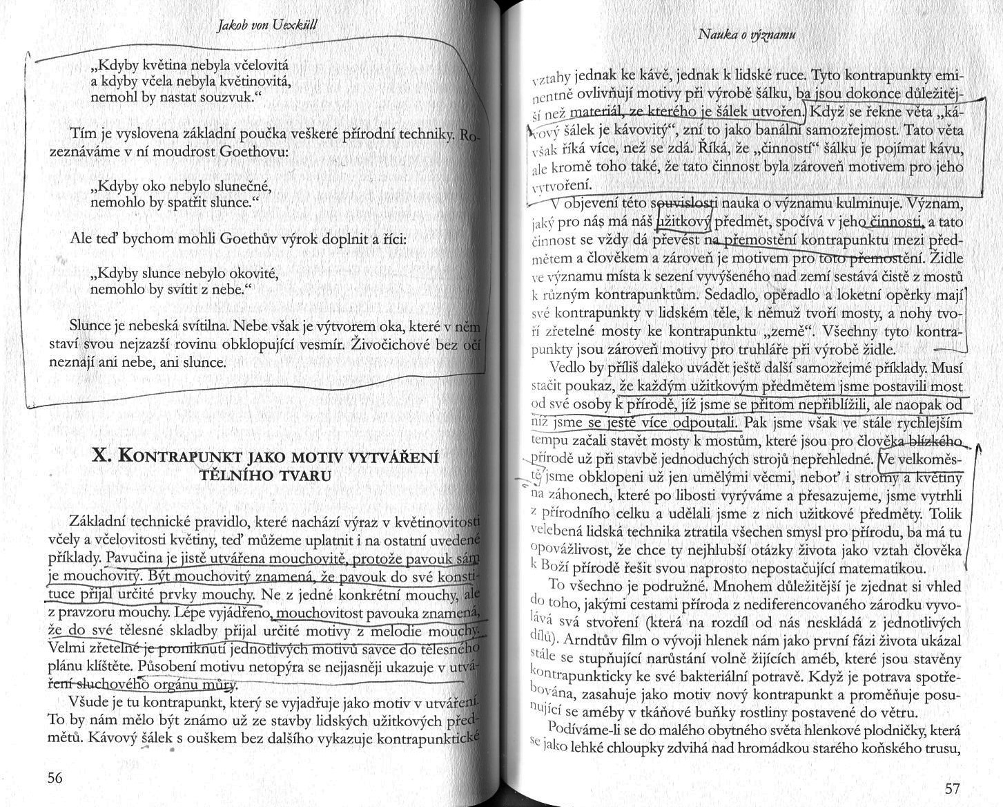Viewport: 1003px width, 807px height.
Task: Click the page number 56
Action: (x=55, y=777)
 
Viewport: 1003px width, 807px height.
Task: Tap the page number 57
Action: (x=951, y=789)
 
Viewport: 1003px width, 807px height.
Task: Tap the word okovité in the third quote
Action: (x=253, y=274)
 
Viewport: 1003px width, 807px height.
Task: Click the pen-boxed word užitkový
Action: (x=684, y=222)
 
